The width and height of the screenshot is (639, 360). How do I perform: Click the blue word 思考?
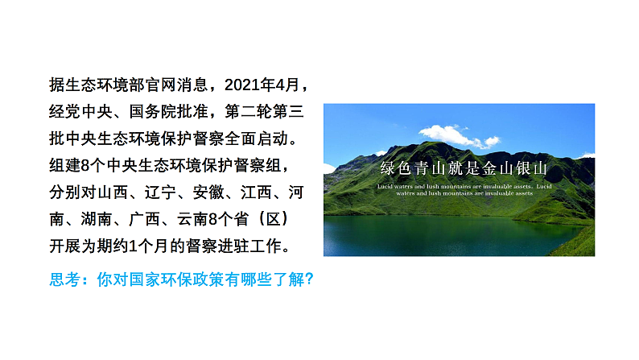tap(64, 279)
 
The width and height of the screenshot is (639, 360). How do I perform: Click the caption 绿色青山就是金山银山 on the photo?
tap(464, 169)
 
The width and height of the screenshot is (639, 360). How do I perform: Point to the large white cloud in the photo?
tap(450, 136)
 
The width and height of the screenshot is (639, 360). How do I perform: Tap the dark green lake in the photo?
tap(451, 234)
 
